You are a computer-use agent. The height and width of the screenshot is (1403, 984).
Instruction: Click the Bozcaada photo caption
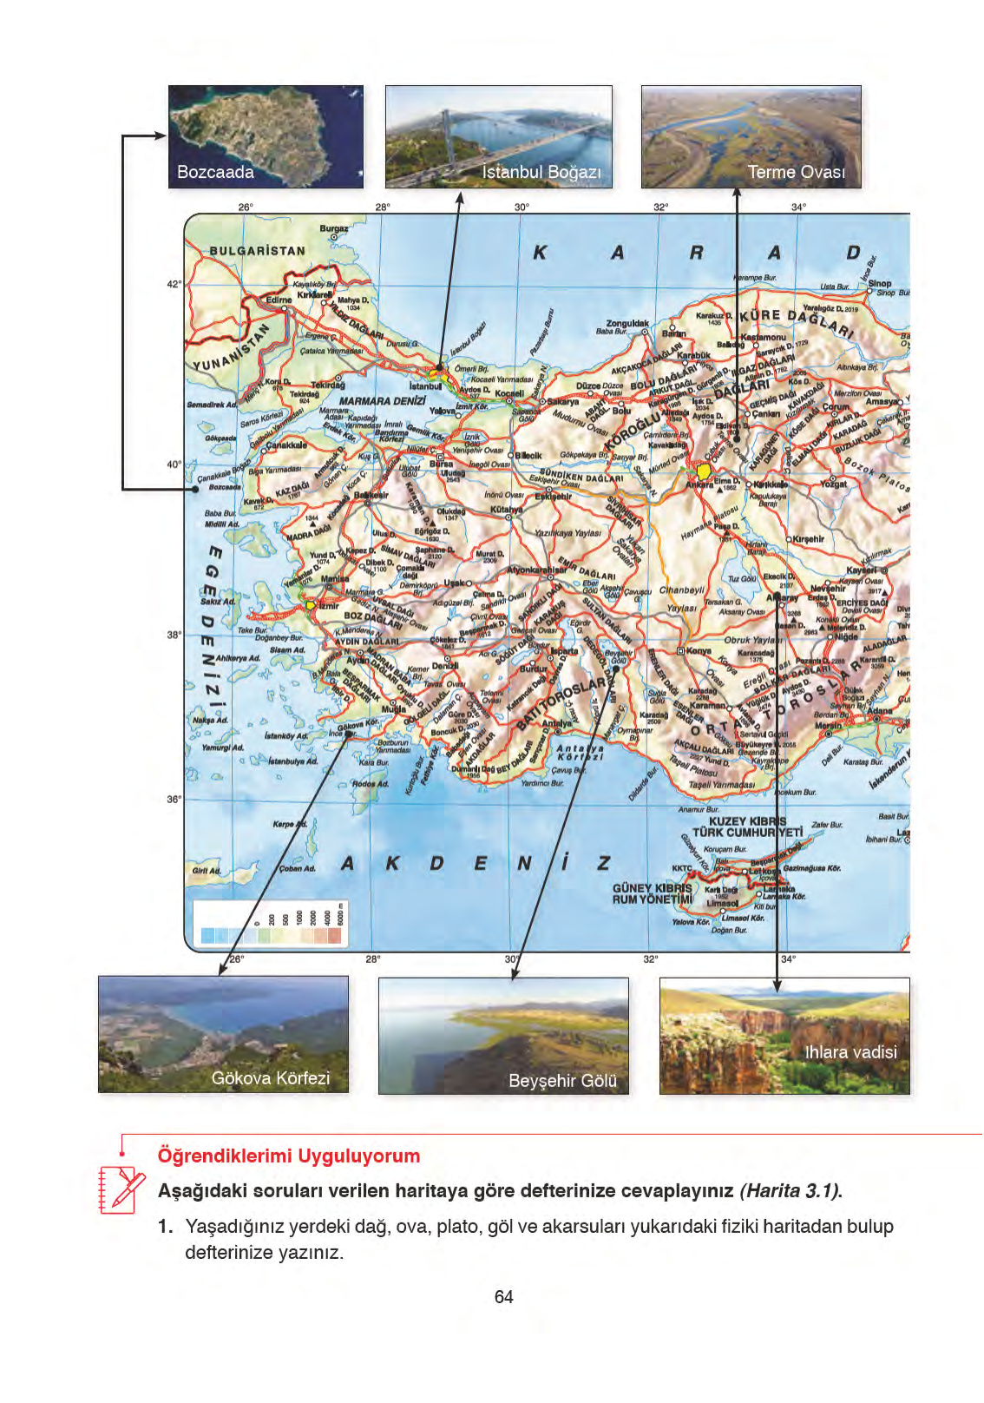(215, 172)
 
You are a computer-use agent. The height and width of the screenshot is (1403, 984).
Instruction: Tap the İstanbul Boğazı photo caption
(541, 172)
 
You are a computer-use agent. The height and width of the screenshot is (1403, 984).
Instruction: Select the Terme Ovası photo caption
(796, 172)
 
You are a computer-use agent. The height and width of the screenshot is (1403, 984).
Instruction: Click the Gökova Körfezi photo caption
(271, 1077)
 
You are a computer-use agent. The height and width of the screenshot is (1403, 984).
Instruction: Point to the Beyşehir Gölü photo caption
(562, 1081)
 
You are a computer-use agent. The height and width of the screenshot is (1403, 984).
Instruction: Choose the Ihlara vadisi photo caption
(850, 1051)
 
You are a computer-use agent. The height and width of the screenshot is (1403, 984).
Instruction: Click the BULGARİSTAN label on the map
(257, 251)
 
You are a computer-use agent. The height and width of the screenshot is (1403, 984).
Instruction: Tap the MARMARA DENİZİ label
(382, 401)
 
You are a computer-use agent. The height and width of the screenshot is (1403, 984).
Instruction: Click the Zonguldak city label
(626, 323)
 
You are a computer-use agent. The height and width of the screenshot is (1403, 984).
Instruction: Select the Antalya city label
(556, 722)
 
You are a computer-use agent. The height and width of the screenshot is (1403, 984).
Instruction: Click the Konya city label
(699, 650)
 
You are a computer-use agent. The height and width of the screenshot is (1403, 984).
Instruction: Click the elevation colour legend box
(272, 924)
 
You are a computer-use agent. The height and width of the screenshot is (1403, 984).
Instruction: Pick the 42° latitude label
(174, 284)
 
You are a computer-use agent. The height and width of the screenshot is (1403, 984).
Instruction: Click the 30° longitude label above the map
(521, 207)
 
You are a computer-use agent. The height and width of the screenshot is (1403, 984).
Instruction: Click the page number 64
(503, 1296)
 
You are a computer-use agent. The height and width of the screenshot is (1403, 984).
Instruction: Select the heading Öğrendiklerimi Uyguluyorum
(288, 1156)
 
